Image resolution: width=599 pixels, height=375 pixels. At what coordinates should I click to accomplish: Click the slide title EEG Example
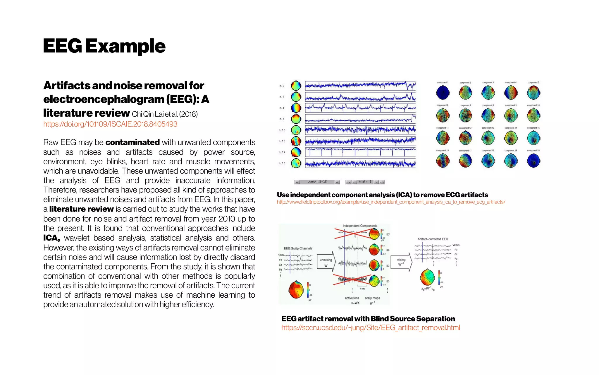click(104, 46)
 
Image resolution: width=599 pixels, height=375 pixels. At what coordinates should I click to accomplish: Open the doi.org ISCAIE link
click(110, 124)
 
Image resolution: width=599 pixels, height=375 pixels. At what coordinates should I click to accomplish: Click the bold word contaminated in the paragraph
click(132, 142)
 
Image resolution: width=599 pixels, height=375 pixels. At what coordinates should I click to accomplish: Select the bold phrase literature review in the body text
click(81, 209)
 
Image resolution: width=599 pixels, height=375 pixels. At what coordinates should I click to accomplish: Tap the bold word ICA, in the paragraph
click(51, 238)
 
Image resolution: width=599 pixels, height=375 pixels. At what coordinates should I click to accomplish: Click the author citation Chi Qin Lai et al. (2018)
click(165, 114)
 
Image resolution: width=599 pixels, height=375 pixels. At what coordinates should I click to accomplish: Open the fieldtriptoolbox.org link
click(391, 202)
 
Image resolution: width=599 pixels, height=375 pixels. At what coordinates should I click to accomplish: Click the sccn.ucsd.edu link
click(371, 328)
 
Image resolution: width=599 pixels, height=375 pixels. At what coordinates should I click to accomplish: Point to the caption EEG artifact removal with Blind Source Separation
click(368, 319)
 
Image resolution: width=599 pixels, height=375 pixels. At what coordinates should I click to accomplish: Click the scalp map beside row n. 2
click(296, 86)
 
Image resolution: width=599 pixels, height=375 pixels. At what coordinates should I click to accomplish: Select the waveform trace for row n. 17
click(360, 152)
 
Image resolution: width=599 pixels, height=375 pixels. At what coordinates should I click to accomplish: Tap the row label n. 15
click(282, 130)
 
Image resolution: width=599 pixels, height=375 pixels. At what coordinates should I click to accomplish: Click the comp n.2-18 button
click(317, 182)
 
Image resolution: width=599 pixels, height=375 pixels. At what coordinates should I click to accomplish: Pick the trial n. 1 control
click(365, 182)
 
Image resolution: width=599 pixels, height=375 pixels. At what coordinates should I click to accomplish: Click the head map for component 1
click(443, 93)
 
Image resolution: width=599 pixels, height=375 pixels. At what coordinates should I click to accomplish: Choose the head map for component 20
click(533, 161)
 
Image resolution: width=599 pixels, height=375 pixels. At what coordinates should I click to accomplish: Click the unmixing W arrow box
click(326, 262)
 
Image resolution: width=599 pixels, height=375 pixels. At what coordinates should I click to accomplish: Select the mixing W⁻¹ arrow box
click(401, 262)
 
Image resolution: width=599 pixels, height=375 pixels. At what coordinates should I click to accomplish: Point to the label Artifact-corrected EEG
click(433, 239)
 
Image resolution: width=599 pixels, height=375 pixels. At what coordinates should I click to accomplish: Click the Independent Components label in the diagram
click(360, 226)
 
